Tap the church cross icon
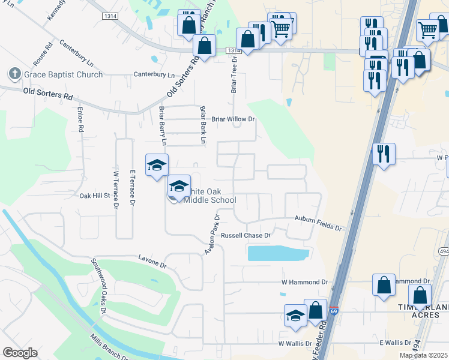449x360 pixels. tap(15, 74)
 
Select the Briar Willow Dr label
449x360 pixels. tap(233, 119)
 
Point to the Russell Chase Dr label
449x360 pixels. tap(246, 236)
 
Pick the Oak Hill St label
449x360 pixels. tap(95, 196)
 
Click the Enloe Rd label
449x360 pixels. tap(79, 120)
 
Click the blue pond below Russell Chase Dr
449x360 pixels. tap(278, 253)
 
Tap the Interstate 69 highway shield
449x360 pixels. tap(334, 311)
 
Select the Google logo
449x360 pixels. tap(20, 353)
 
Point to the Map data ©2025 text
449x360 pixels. tap(423, 355)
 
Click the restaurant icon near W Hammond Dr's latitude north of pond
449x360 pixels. tap(384, 155)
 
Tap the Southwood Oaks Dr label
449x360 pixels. tap(98, 286)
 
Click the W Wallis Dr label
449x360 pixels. tap(295, 344)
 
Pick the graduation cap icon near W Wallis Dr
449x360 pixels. tap(295, 317)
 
